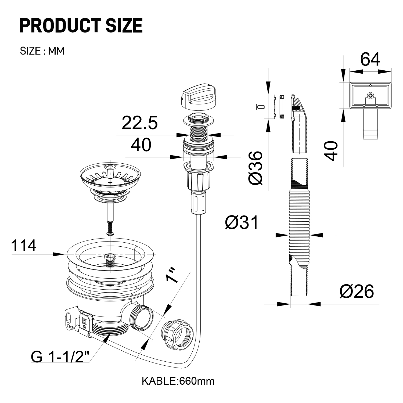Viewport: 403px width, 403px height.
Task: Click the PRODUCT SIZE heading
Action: point(81,26)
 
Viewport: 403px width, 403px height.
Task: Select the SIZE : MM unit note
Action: point(42,51)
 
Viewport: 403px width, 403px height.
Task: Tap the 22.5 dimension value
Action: point(140,123)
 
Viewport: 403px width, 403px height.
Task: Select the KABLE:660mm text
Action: point(178,381)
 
